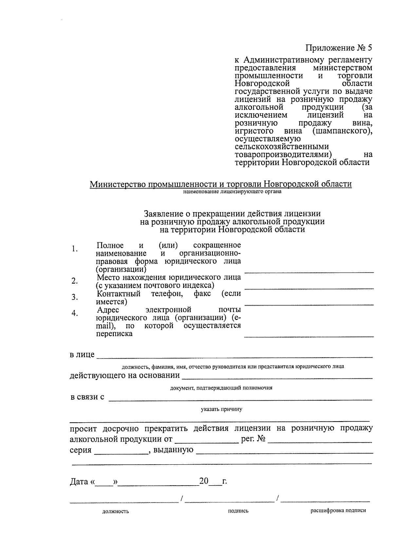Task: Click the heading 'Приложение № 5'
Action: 339,48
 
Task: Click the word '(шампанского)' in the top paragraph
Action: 342,131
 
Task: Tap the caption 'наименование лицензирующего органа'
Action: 232,192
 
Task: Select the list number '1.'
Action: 75,249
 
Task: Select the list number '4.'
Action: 75,313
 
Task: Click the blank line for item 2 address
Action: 309,288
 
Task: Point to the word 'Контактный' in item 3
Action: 119,293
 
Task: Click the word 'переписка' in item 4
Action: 114,334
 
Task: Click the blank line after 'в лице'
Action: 234,355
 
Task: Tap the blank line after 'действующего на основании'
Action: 277,377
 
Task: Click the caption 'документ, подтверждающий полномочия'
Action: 221,388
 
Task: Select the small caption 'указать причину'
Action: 221,409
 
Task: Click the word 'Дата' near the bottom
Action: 79,482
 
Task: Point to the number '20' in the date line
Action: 204,481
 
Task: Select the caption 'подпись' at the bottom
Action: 238,511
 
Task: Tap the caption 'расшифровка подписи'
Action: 338,510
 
